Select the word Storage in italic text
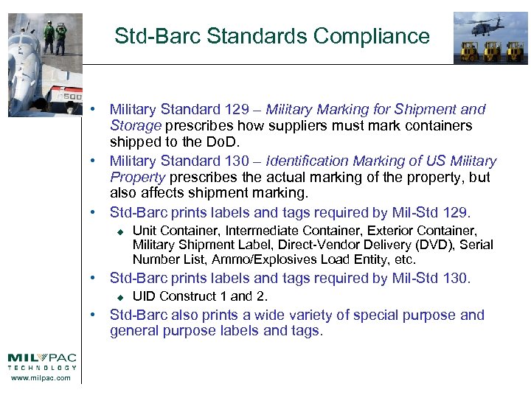click(x=136, y=126)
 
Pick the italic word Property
click(x=138, y=178)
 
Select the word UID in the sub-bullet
click(x=144, y=296)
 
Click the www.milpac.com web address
click(x=41, y=378)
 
